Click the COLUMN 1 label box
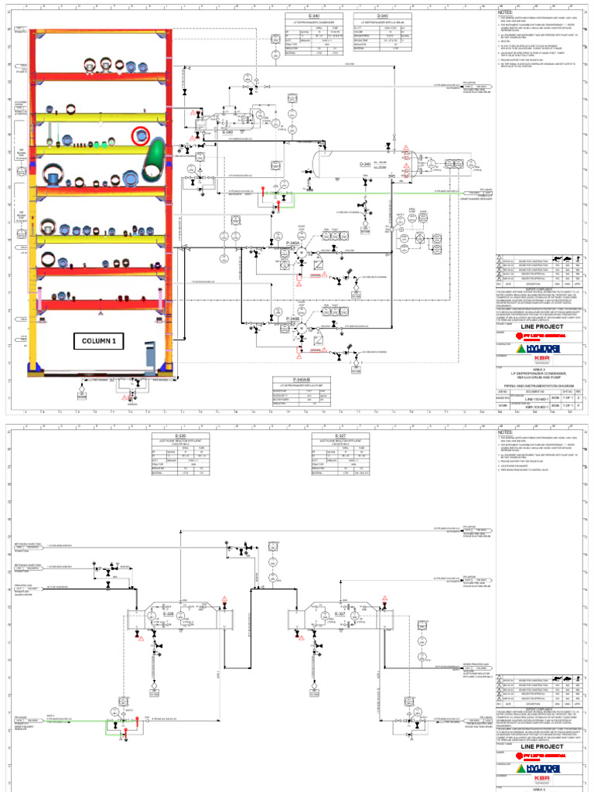coord(98,340)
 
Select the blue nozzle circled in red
coord(141,136)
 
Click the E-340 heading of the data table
coord(314,15)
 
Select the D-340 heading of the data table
coord(383,15)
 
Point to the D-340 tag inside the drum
coord(365,165)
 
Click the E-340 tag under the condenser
coord(228,133)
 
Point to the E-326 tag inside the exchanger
coord(169,613)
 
